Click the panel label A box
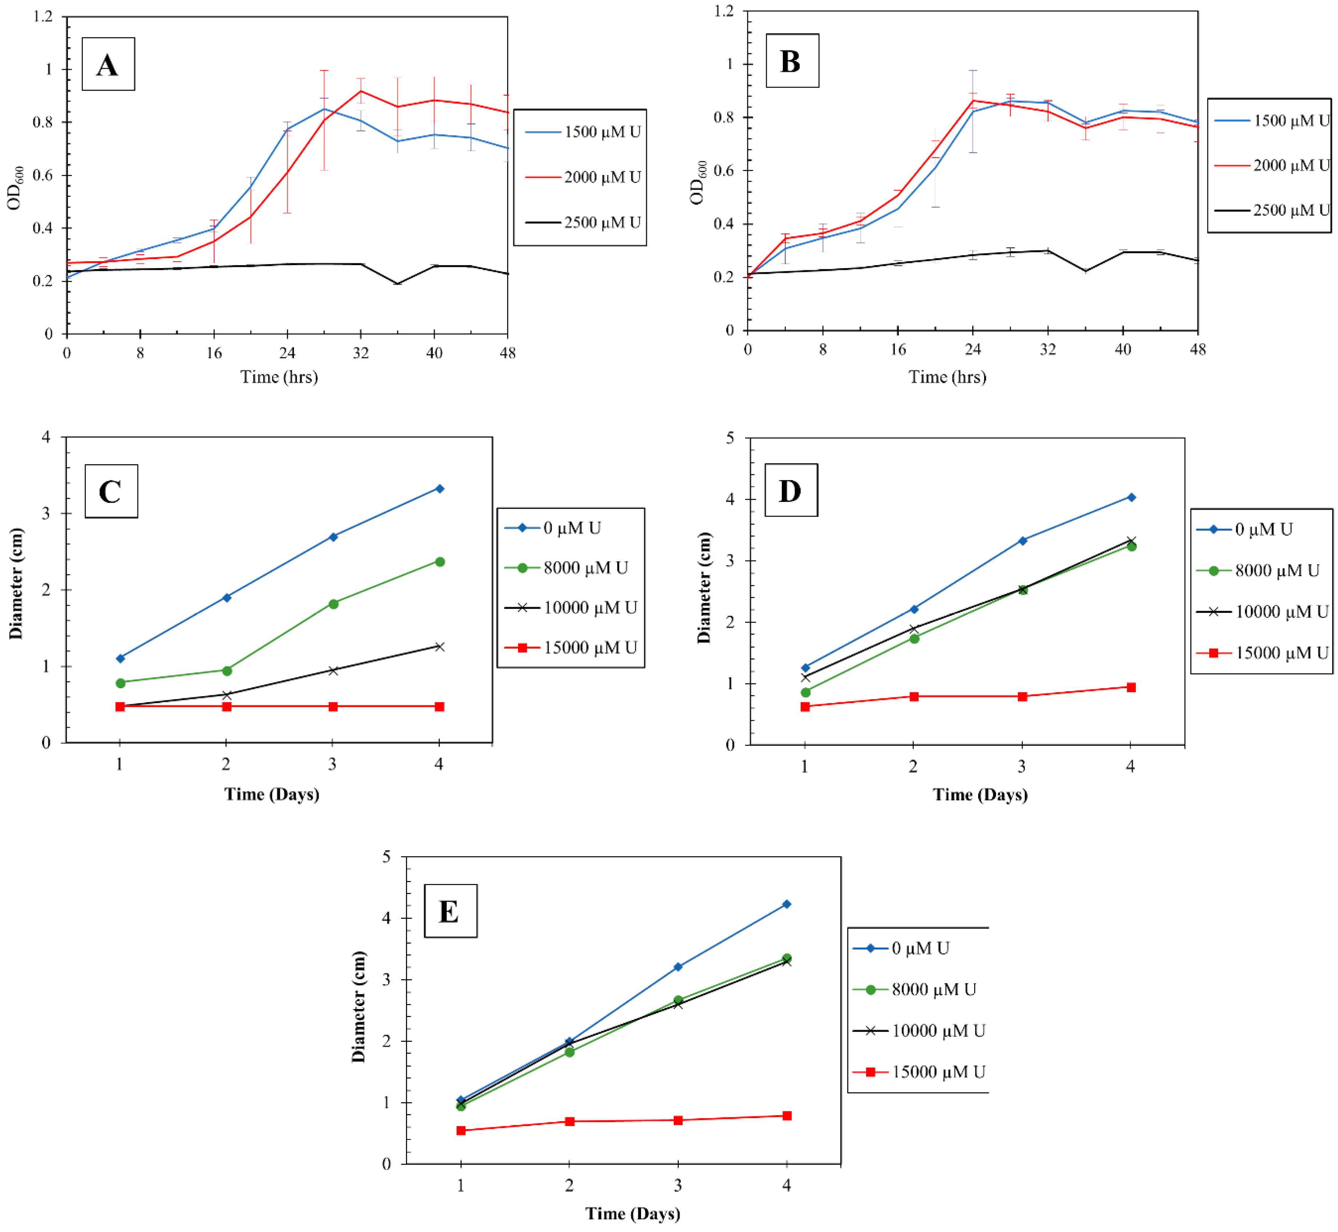click(108, 64)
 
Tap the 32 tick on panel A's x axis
click(360, 353)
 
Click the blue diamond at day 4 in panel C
click(439, 489)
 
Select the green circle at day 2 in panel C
click(227, 671)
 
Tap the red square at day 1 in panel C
click(120, 707)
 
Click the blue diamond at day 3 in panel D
click(1022, 541)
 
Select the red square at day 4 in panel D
click(1131, 687)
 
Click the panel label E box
click(450, 911)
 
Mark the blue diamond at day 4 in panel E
click(787, 904)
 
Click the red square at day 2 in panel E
click(569, 1121)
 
